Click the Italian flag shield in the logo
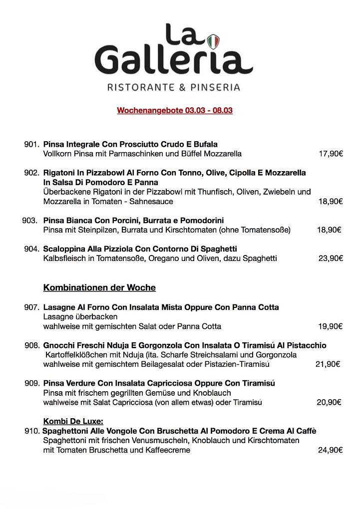click(x=214, y=40)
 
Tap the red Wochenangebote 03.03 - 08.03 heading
click(x=175, y=110)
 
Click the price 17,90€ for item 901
click(x=331, y=154)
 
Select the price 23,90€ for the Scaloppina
click(x=331, y=258)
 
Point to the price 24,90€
click(x=330, y=450)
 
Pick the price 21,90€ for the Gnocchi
click(x=328, y=364)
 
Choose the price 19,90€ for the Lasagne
click(x=330, y=326)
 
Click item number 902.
click(x=31, y=173)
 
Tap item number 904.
click(x=31, y=249)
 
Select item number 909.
click(x=31, y=383)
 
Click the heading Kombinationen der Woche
click(x=99, y=288)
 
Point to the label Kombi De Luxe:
click(x=73, y=421)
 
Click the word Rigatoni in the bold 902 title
click(x=60, y=173)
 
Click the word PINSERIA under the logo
click(x=210, y=87)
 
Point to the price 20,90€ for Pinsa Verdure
click(x=329, y=402)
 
